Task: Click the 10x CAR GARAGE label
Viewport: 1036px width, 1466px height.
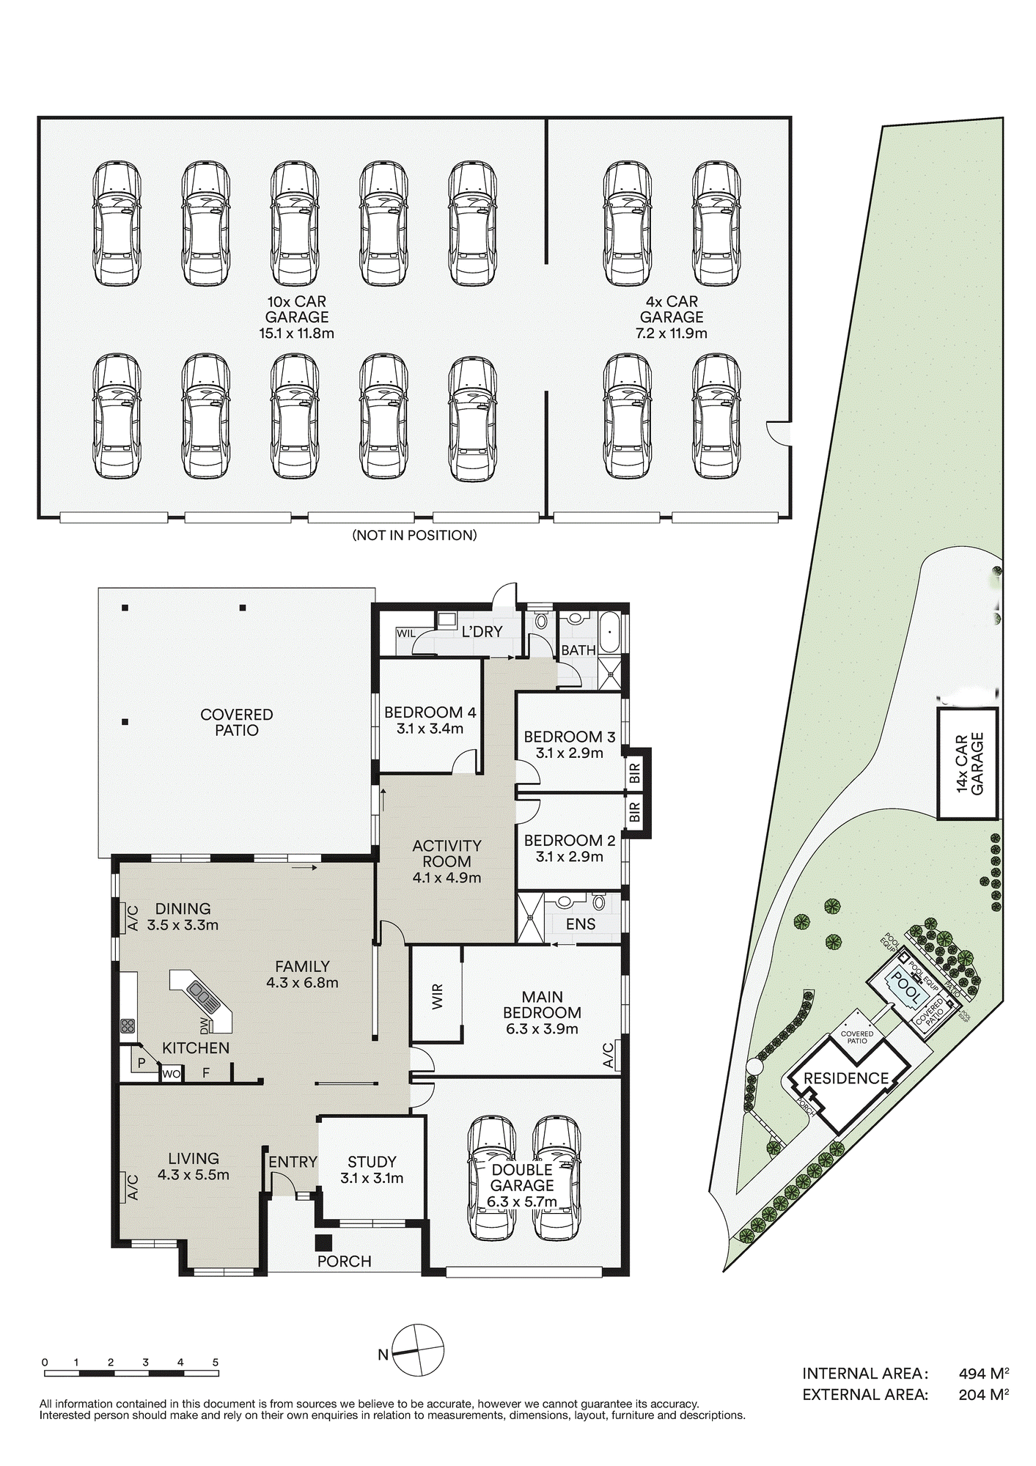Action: (296, 317)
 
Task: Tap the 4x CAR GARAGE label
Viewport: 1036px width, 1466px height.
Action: (671, 317)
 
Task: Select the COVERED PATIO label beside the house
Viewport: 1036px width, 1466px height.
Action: (236, 722)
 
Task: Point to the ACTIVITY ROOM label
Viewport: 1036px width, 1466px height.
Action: (447, 854)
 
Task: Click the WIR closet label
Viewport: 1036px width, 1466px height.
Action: (438, 997)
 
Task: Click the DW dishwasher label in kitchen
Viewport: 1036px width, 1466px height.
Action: (204, 1025)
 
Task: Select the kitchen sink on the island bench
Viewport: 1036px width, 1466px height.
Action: (200, 992)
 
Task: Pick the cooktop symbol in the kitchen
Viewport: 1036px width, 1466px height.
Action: (128, 1025)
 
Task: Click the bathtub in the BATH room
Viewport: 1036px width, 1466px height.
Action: (610, 633)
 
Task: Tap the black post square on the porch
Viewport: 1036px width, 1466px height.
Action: (323, 1242)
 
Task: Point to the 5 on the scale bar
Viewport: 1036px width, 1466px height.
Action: (216, 1362)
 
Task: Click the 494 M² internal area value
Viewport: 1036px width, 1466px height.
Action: (983, 1374)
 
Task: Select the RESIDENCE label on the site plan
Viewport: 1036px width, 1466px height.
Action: (846, 1078)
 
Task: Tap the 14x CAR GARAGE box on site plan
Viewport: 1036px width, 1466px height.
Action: (968, 763)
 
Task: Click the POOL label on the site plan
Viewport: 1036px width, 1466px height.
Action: (905, 988)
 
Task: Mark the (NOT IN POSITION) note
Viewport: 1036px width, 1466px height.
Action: (414, 535)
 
